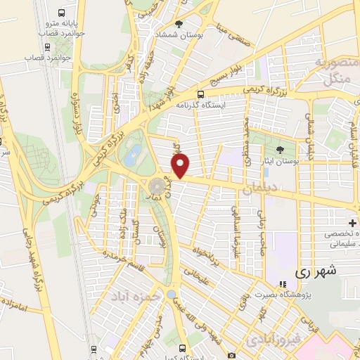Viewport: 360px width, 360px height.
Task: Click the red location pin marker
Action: [181, 167]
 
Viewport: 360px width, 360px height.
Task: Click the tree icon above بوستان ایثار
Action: [281, 150]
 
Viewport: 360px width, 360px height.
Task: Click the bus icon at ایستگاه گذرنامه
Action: [201, 94]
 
